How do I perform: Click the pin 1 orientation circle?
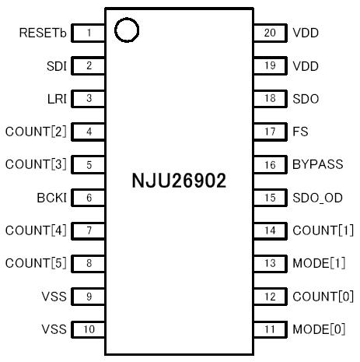point(126,30)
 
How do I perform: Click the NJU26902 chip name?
point(179,182)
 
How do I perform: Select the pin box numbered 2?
point(89,66)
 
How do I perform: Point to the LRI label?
point(57,99)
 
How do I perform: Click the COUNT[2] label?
point(36,132)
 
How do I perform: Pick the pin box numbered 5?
point(89,164)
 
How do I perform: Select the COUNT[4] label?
point(36,230)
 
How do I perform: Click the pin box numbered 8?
point(89,263)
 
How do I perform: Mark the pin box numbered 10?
point(89,329)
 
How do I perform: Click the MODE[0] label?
point(319,329)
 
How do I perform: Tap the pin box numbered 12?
point(269,297)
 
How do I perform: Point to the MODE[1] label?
point(319,263)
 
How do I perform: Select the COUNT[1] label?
point(323,230)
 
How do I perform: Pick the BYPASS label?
point(318,165)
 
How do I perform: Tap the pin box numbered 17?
point(269,132)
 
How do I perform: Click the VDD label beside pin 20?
point(306,33)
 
